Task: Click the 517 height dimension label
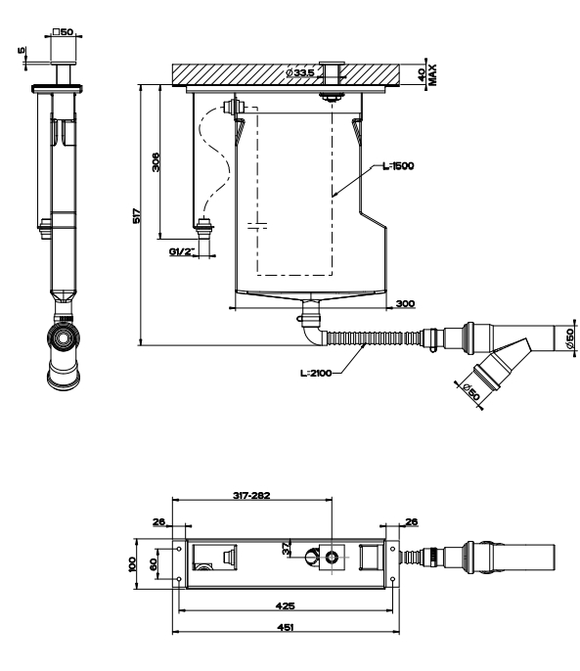click(x=136, y=215)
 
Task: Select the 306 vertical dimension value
click(x=156, y=162)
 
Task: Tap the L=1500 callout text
click(x=398, y=166)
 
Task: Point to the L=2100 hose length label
click(x=316, y=374)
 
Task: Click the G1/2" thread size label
click(x=182, y=251)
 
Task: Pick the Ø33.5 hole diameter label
click(x=300, y=72)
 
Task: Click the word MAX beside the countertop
click(x=432, y=75)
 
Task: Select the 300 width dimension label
click(x=405, y=304)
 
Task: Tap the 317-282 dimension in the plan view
click(x=251, y=496)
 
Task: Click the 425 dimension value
click(x=285, y=606)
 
